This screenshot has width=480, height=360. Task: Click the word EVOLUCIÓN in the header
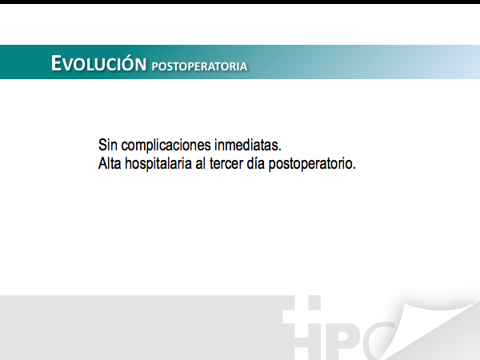98,63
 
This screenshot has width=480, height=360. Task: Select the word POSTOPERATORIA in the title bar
199,66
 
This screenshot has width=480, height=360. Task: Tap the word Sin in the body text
108,145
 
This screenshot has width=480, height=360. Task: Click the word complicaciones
166,146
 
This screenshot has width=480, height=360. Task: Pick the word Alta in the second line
110,163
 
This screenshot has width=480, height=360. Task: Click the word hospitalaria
158,164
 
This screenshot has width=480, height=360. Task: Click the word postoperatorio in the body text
310,164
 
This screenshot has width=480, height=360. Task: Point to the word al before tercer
201,163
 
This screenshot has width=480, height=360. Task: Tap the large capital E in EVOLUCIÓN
56,63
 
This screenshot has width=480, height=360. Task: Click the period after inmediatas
279,150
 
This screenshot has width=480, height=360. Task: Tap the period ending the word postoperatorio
354,168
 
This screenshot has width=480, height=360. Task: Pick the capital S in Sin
102,145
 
